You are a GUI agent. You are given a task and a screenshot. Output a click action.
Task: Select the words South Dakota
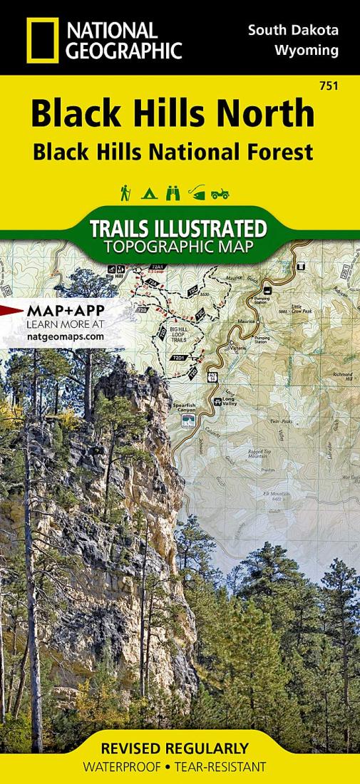point(293,30)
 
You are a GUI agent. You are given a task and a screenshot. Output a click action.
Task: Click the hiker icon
point(126,192)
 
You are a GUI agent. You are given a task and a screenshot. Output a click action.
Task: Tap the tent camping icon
point(150,192)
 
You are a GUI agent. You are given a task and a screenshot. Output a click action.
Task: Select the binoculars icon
point(172,192)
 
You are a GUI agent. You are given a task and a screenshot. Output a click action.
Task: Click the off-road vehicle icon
point(220,192)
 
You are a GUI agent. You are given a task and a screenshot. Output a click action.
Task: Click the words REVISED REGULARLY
point(180,748)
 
